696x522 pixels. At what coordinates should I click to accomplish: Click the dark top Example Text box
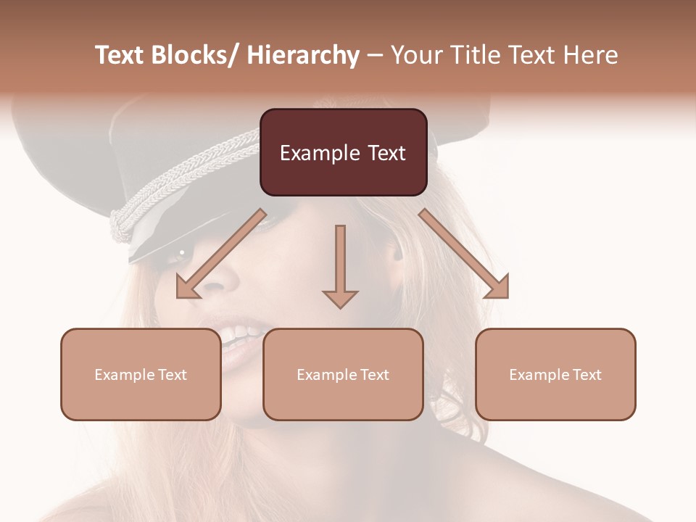tap(343, 152)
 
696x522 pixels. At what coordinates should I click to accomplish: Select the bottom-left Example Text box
tap(141, 374)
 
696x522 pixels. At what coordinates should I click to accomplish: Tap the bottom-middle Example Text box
tap(343, 374)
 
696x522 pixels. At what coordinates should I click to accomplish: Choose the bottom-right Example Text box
tap(555, 374)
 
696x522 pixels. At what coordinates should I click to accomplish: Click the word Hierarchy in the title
tap(302, 55)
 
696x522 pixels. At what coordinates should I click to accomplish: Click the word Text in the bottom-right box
tap(587, 374)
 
